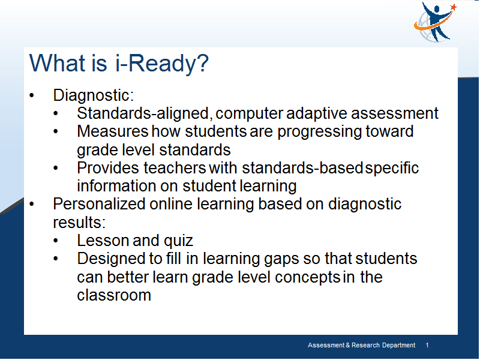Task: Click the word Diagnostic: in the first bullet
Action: (94, 95)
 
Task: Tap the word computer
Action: (249, 114)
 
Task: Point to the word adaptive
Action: (317, 114)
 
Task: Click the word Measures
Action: (113, 131)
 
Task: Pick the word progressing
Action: (320, 132)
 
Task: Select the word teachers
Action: (175, 168)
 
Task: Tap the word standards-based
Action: (302, 168)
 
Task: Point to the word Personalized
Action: (99, 204)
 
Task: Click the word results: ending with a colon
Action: (79, 223)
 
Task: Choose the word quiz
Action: (178, 241)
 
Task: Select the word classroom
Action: (114, 295)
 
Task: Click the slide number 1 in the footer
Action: (427, 346)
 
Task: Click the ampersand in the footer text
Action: (348, 346)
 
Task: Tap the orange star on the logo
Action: (454, 7)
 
